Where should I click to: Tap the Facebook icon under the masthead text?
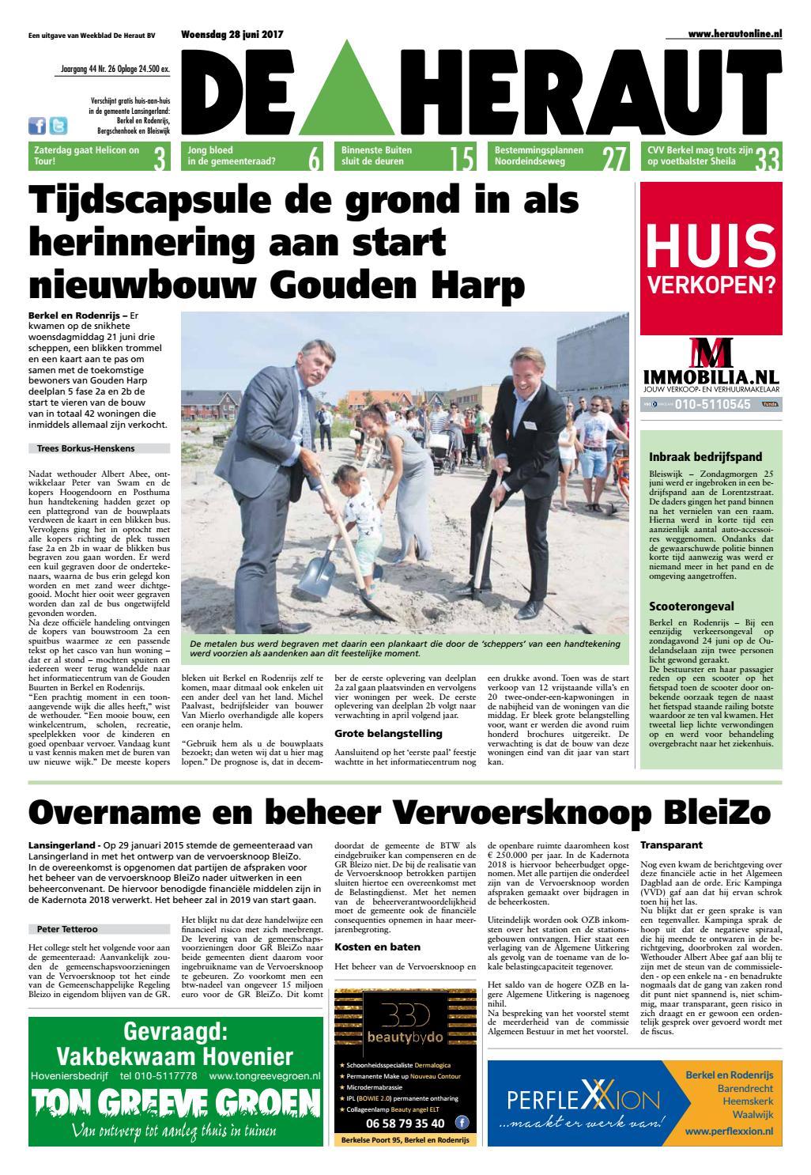click(x=37, y=127)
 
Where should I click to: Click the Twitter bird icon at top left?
click(x=58, y=127)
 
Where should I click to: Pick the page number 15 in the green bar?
click(x=461, y=159)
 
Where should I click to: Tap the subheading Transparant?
click(x=671, y=844)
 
